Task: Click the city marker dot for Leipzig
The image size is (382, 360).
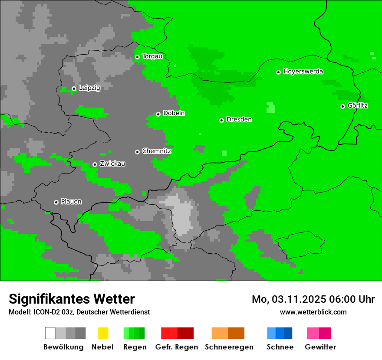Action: (74, 88)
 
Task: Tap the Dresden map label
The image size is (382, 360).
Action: (239, 119)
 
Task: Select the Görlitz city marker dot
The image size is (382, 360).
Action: (342, 106)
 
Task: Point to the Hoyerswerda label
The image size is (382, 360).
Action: (303, 72)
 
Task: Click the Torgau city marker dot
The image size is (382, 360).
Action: (137, 57)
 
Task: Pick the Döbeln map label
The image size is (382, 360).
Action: (174, 113)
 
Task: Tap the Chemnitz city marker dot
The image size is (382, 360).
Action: (137, 152)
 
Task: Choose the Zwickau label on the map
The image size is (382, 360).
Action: (112, 164)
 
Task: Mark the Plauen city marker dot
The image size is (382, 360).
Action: (56, 202)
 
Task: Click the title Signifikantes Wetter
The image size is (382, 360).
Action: (72, 299)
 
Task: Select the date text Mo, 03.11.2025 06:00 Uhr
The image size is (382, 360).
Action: (313, 299)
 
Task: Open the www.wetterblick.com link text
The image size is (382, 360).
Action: (313, 312)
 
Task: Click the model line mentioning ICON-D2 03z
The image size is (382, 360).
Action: (79, 312)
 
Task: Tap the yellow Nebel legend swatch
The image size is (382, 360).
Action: (103, 333)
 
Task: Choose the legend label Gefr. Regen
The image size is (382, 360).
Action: (177, 347)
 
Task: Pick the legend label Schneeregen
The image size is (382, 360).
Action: (229, 347)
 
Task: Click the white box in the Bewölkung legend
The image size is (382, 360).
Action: (50, 333)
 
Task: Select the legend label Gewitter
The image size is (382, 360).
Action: (320, 347)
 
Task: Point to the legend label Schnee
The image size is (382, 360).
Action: (280, 347)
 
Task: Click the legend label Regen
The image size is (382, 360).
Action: (134, 347)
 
